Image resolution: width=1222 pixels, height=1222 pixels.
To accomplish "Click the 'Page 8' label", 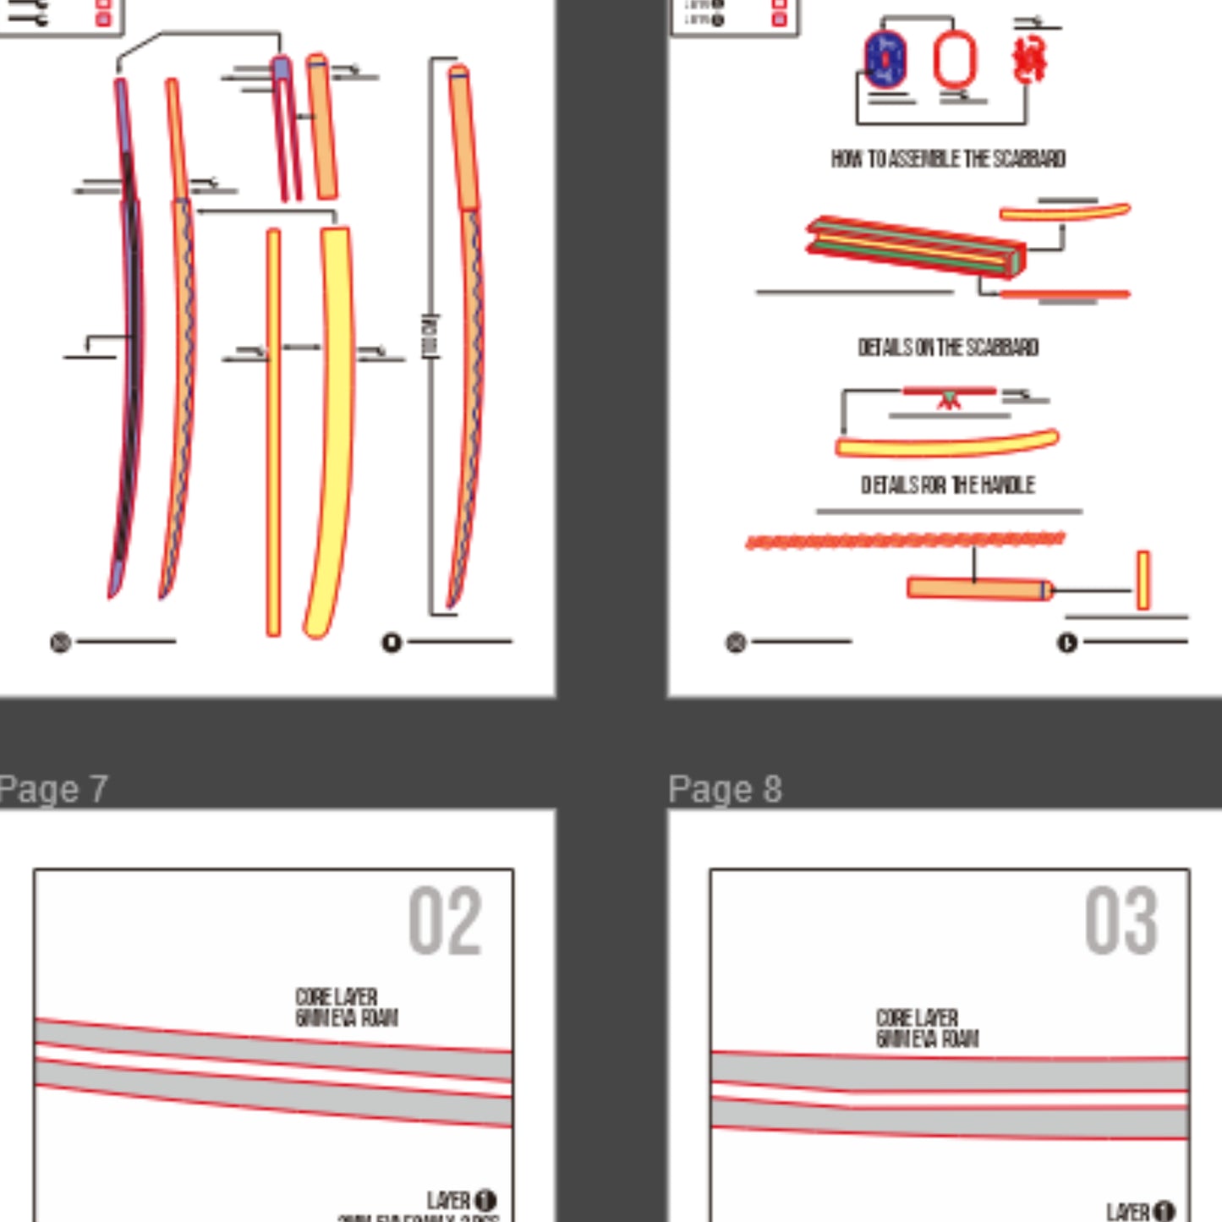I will [x=725, y=789].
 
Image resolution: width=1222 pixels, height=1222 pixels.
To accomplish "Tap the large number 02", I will [x=445, y=921].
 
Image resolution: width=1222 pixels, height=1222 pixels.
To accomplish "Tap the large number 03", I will [x=1121, y=921].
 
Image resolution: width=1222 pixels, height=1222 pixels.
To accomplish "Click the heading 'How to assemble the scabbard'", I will [x=948, y=159].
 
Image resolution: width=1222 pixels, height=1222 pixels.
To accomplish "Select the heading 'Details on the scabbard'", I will [x=948, y=348].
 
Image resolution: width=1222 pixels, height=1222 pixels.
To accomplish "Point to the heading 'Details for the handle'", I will [x=948, y=485].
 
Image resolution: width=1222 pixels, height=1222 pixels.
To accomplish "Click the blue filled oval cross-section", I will [x=885, y=60].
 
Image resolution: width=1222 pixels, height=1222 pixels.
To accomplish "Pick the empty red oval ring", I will [x=955, y=59].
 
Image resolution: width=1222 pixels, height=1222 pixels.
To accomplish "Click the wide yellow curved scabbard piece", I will [x=332, y=423].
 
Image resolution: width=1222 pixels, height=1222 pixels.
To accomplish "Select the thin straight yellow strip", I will [x=273, y=431].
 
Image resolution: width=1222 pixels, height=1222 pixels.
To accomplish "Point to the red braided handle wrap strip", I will [x=905, y=540].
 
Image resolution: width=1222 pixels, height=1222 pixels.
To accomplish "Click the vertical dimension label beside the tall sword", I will [x=430, y=337].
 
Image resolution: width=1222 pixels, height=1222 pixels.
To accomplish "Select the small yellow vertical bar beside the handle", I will [x=1143, y=580].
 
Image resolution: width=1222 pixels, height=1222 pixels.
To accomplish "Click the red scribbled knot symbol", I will [x=1029, y=59].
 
